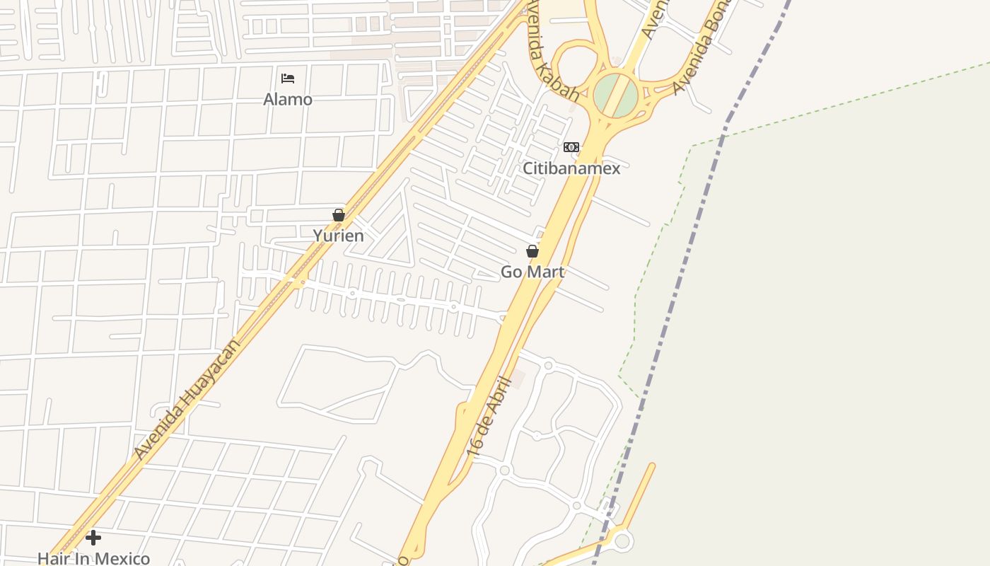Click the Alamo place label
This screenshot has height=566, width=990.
288,99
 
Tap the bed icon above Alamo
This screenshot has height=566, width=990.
288,79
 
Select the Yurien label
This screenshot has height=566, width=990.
339,236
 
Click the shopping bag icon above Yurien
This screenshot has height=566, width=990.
339,215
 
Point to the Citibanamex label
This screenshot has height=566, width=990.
571,168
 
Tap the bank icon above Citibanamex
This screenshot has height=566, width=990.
571,147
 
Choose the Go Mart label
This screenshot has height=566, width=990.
532,272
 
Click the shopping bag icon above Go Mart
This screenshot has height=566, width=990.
532,251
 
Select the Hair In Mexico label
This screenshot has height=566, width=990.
93,558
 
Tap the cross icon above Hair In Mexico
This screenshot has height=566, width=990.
93,538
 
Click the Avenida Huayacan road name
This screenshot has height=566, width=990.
187,399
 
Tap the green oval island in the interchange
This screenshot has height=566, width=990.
615,96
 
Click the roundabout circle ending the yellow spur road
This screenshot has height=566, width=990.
622,541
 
